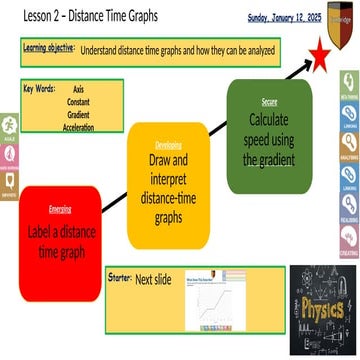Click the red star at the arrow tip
tap(319, 56)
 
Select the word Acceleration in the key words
tap(78, 128)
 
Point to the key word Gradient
tap(77, 115)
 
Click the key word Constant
tap(77, 102)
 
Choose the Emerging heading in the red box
tap(60, 208)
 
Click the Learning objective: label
tap(47, 48)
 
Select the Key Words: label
tap(41, 89)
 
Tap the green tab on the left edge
tap(8, 128)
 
